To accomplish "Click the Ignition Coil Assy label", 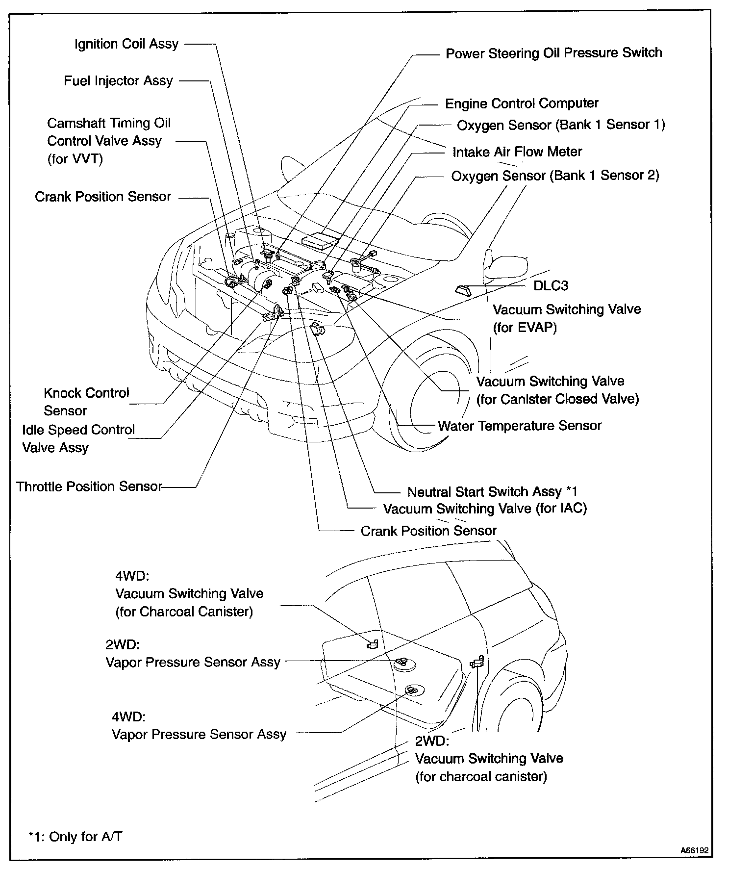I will [x=126, y=44].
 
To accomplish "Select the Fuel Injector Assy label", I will [x=118, y=81].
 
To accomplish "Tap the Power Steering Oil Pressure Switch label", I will [x=553, y=53].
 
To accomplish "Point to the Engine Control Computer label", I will [x=522, y=104].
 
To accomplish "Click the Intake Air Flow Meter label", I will [x=517, y=152].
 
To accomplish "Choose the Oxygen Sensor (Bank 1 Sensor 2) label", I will [x=555, y=176].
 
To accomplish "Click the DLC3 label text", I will [x=551, y=285].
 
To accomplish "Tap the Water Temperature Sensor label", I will [x=519, y=426].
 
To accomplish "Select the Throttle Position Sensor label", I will [x=89, y=486].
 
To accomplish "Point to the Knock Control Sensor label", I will [x=86, y=402].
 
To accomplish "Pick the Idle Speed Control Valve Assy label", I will [x=78, y=438].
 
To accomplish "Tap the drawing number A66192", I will [x=694, y=850].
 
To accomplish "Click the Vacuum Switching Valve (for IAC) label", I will [x=485, y=509].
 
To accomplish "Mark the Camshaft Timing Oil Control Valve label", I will [x=109, y=141].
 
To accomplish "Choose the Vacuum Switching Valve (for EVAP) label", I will [x=566, y=318].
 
